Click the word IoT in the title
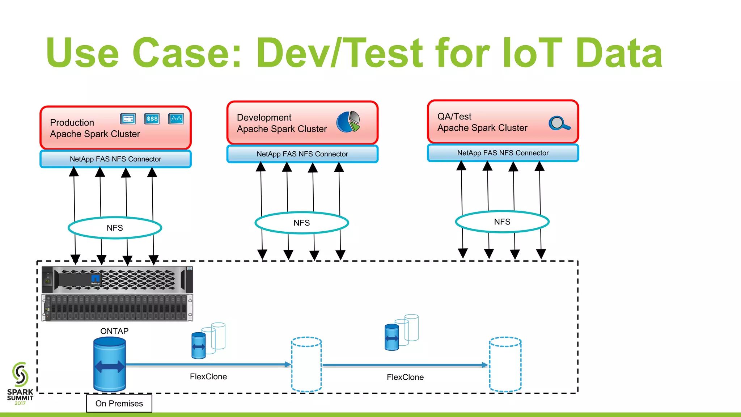pyautogui.click(x=532, y=54)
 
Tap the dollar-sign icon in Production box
pyautogui.click(x=152, y=119)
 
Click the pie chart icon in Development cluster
pyautogui.click(x=348, y=122)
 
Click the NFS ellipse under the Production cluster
pyautogui.click(x=115, y=228)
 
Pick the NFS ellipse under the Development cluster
pyautogui.click(x=302, y=223)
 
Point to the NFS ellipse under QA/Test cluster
pyautogui.click(x=502, y=222)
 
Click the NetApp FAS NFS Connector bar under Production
pyautogui.click(x=115, y=159)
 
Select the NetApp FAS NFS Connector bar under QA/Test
pyautogui.click(x=503, y=153)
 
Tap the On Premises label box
pyautogui.click(x=119, y=403)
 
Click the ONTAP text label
pyautogui.click(x=114, y=331)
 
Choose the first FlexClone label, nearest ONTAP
pyautogui.click(x=208, y=377)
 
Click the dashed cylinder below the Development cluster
pyautogui.click(x=306, y=364)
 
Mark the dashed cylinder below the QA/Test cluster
pyautogui.click(x=505, y=364)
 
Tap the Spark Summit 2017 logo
pyautogui.click(x=20, y=384)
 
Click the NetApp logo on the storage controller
pyautogui.click(x=96, y=280)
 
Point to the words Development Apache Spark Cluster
pyautogui.click(x=281, y=123)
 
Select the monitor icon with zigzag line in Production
pyautogui.click(x=176, y=119)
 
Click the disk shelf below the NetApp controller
pyautogui.click(x=117, y=308)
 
